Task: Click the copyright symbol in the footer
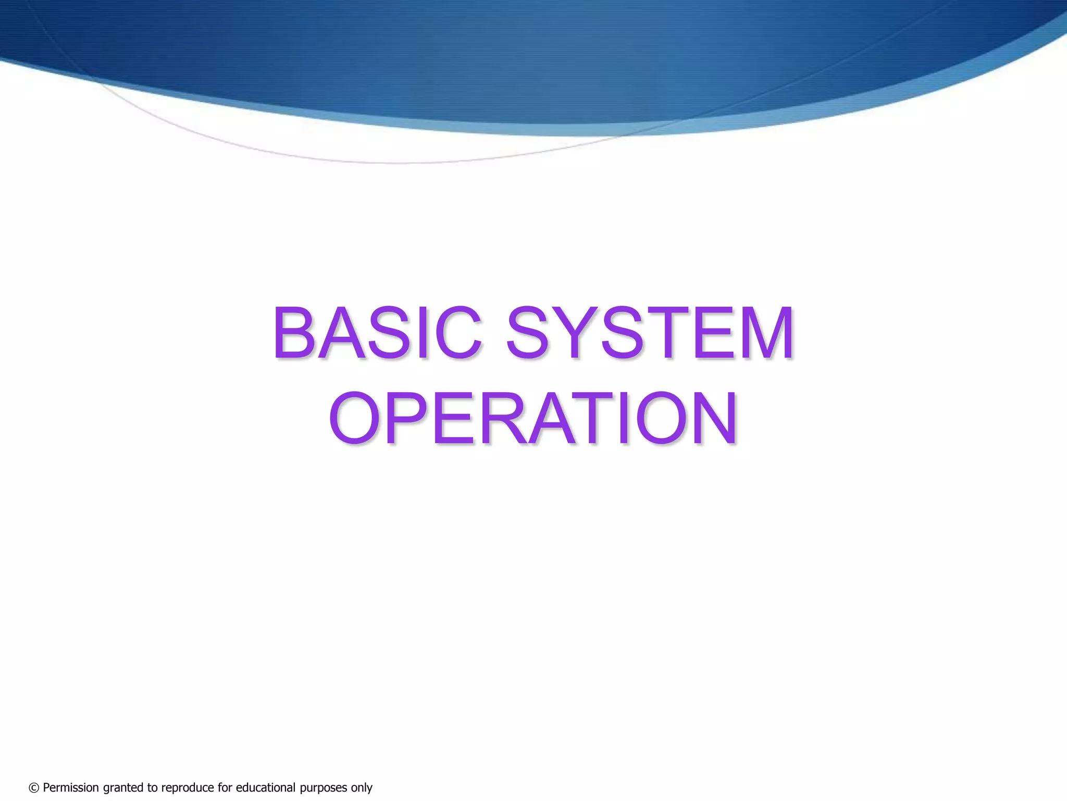tap(34, 788)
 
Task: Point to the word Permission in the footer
tap(71, 787)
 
